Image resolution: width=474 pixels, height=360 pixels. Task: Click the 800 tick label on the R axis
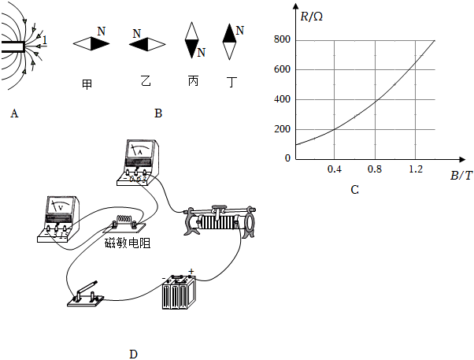(x=281, y=39)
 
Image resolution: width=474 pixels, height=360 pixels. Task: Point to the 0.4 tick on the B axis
(x=334, y=169)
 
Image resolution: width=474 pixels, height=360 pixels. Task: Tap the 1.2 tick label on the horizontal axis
(x=414, y=169)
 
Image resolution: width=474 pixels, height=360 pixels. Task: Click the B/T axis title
(x=461, y=176)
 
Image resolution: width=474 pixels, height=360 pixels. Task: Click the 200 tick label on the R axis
(x=281, y=129)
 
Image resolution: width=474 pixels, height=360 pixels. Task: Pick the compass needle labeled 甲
(x=92, y=44)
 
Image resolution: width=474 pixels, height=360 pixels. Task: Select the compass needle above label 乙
(x=147, y=45)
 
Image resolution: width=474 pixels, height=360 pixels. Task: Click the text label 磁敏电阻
(x=128, y=243)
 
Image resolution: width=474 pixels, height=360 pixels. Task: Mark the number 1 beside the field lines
(x=46, y=40)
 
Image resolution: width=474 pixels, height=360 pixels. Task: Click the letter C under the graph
(x=354, y=190)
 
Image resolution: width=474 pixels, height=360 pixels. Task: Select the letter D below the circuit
(x=133, y=354)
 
